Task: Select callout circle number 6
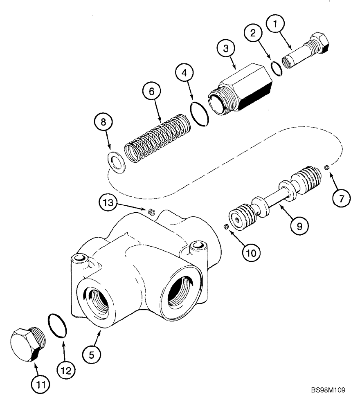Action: (x=151, y=92)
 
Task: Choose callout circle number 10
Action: (x=250, y=253)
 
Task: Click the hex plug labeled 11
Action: (x=26, y=348)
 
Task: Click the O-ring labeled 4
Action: (x=200, y=116)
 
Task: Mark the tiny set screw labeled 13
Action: (x=151, y=211)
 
